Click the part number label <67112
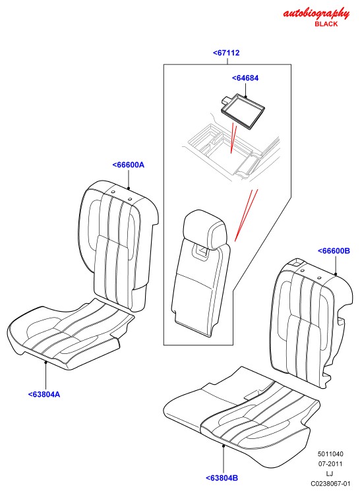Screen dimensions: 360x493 coord(226,53)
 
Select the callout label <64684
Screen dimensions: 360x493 coord(245,78)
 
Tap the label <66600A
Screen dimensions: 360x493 coord(129,165)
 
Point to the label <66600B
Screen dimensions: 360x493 coord(334,251)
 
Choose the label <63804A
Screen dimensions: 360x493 coord(44,394)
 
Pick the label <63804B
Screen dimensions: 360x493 coord(222,478)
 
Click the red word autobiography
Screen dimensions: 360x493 coord(316,14)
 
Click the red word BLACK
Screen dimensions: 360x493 coord(326,24)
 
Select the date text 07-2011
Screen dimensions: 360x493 coord(330,464)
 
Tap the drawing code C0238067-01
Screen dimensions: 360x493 coord(330,484)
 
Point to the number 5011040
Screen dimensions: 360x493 coord(330,454)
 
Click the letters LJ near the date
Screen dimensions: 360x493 coord(330,473)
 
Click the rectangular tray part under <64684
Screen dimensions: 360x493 coord(242,111)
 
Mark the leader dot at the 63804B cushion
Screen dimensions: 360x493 coord(224,445)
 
